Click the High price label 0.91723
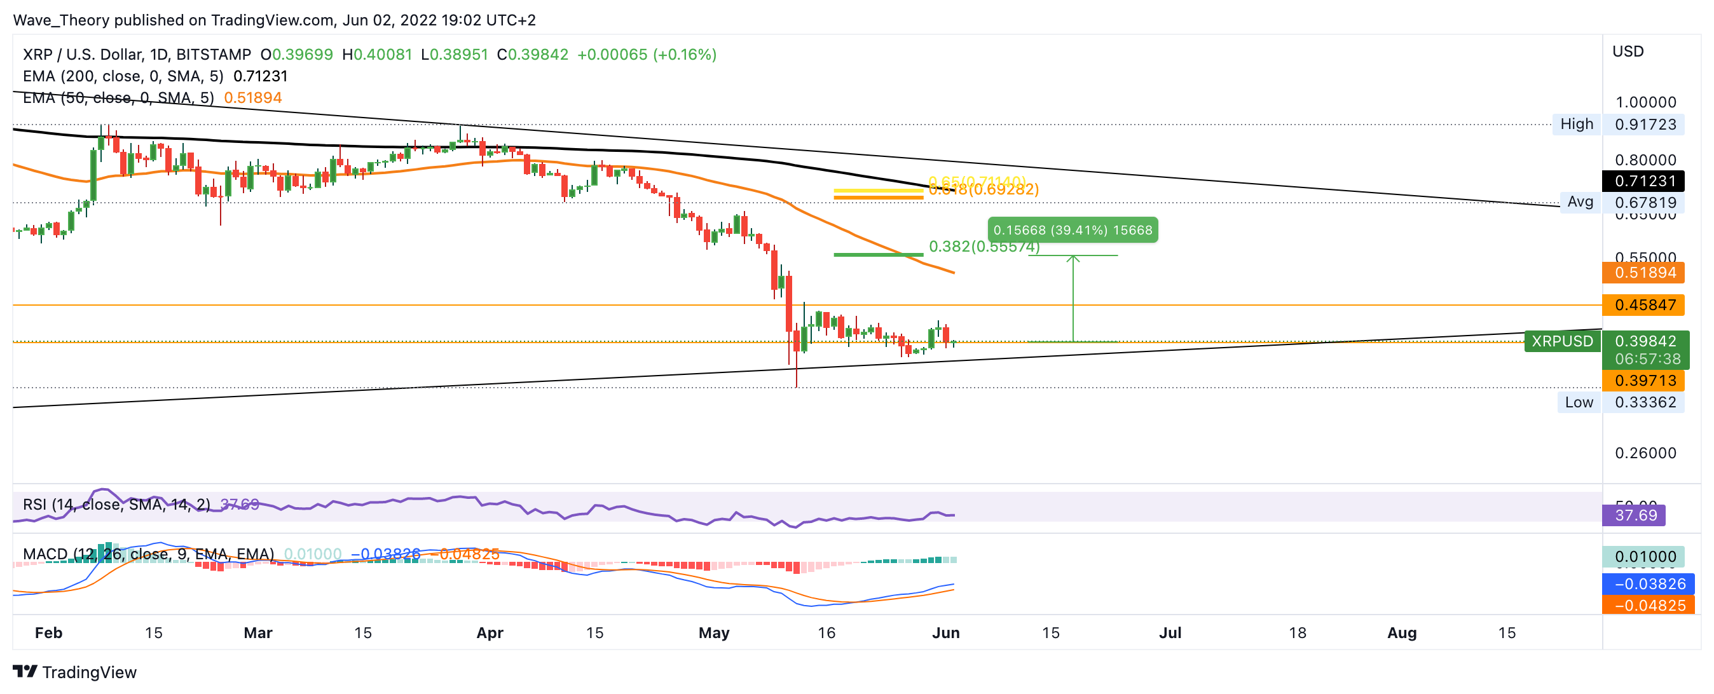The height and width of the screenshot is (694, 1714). pos(1645,125)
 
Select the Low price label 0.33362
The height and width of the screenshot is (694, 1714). pos(1645,402)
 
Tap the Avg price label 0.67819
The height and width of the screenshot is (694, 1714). pos(1645,202)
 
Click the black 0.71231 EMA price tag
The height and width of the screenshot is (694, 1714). pos(1645,181)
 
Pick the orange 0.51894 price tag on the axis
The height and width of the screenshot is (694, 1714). pos(1645,273)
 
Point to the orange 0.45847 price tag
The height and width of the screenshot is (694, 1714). pos(1645,305)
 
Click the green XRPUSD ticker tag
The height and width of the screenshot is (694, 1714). pos(1561,341)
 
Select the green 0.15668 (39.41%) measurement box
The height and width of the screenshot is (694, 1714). pos(1072,230)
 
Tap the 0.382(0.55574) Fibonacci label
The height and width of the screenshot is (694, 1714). pos(984,247)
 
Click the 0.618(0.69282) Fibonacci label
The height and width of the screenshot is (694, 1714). pos(984,190)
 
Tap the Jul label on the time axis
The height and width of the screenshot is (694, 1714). pos(1170,633)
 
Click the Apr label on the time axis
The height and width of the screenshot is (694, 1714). pos(490,633)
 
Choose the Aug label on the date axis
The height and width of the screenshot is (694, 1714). pos(1401,633)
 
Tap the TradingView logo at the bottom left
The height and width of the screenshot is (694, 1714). pos(74,672)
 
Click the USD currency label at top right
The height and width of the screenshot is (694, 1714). pos(1628,51)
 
